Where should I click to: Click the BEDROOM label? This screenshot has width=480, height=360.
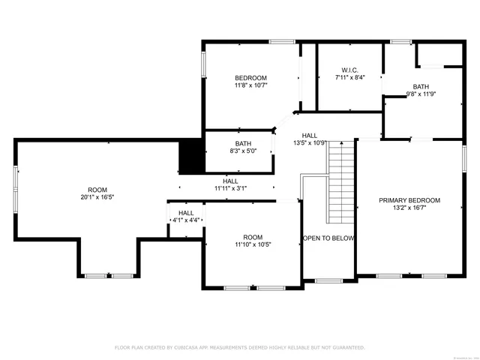click(250, 78)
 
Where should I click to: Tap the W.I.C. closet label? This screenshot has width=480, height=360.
click(349, 69)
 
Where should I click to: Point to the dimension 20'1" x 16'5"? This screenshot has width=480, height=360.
click(97, 197)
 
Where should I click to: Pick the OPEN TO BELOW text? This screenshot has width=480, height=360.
click(328, 238)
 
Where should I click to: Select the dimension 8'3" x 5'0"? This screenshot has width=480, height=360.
click(243, 151)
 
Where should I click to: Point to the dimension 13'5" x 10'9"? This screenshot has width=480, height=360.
click(308, 142)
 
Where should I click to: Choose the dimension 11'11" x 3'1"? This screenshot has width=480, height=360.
click(230, 188)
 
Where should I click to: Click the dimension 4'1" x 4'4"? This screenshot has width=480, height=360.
click(186, 220)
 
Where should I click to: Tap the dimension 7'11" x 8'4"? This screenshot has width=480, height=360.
click(349, 77)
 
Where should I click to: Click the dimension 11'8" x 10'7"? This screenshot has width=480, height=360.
click(250, 85)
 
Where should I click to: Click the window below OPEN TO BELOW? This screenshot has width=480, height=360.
click(328, 280)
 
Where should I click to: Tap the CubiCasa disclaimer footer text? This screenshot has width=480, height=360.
click(239, 347)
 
